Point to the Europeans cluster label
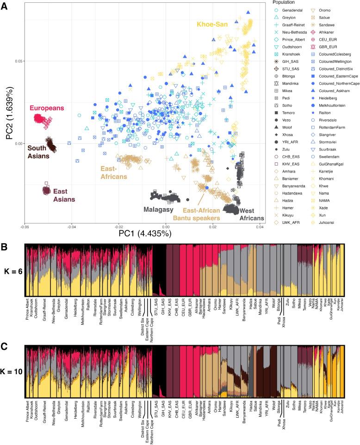pyautogui.click(x=47, y=108)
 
